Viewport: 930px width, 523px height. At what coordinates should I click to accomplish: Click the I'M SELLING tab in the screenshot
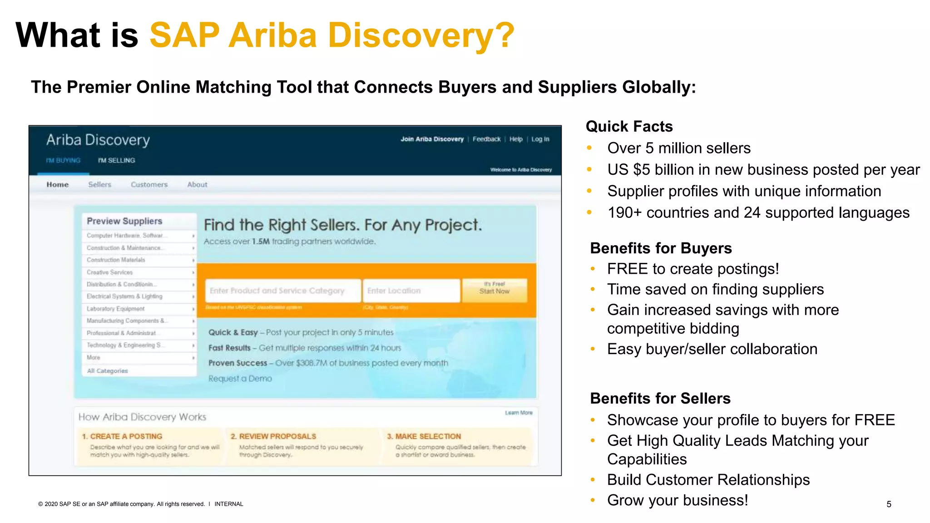click(x=116, y=160)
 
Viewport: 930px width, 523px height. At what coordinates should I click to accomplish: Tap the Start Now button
click(x=495, y=291)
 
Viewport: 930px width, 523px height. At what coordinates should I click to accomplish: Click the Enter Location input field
click(x=411, y=291)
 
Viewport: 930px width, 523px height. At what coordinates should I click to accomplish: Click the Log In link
click(x=540, y=139)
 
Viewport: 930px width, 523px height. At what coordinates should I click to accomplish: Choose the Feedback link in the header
click(x=486, y=139)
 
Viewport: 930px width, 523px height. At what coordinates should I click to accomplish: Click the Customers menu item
click(x=149, y=185)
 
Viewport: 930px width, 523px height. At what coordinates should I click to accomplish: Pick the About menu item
click(x=197, y=185)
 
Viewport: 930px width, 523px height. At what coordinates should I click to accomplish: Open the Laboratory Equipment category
click(x=116, y=309)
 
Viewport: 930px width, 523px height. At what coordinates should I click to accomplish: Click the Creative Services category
click(x=110, y=272)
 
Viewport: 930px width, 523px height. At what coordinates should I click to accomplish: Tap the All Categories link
click(x=108, y=371)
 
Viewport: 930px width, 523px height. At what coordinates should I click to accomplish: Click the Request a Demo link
click(x=240, y=379)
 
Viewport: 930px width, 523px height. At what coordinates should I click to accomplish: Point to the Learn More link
click(x=519, y=413)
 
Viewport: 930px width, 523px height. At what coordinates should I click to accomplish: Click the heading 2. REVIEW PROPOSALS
click(x=273, y=436)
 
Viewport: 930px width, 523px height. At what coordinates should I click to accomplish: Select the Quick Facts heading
click(x=629, y=126)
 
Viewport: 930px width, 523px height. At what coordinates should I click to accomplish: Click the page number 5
click(x=889, y=504)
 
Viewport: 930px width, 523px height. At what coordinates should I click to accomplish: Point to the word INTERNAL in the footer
click(x=229, y=504)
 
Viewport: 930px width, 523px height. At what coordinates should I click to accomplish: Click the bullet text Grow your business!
click(x=678, y=500)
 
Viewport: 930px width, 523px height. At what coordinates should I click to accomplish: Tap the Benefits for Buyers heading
click(x=661, y=248)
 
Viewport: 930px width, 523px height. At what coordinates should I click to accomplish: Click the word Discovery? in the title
click(x=421, y=35)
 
